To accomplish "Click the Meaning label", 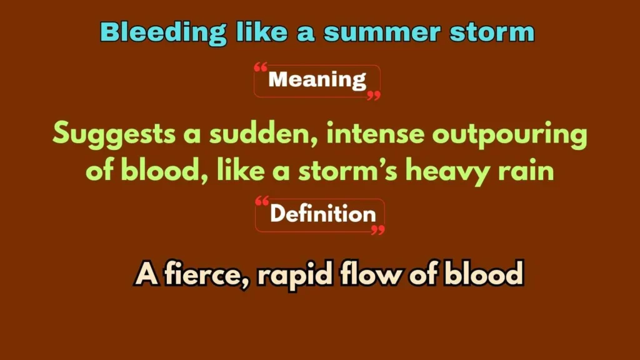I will coord(317,80).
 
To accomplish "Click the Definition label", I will coord(322,214).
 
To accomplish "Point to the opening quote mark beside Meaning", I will coord(261,68).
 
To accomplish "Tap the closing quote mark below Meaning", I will coord(373,95).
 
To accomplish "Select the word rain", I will coord(530,171).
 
